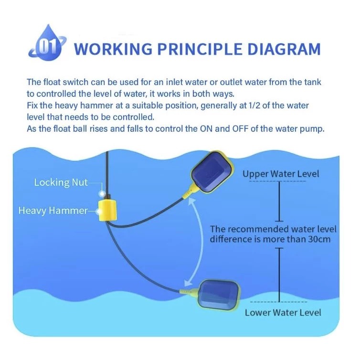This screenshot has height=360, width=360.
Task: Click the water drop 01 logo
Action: (47, 43)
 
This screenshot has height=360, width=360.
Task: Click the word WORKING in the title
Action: (113, 49)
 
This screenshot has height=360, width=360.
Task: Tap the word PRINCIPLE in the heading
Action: (200, 49)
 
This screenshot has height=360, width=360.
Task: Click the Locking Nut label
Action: (61, 182)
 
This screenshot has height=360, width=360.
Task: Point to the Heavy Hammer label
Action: (53, 211)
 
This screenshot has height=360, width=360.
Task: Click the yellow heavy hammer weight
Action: (107, 210)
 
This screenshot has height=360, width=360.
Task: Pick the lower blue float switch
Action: (219, 295)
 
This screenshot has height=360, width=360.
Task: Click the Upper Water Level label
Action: (281, 174)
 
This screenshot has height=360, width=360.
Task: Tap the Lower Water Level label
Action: (283, 312)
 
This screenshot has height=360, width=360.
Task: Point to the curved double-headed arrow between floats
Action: (202, 241)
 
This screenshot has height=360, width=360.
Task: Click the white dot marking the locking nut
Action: (102, 194)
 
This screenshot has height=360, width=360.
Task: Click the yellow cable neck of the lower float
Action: (189, 292)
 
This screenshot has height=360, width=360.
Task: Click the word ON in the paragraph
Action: (206, 129)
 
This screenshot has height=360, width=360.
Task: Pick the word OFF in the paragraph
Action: (240, 129)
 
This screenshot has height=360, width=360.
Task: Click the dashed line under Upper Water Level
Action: (277, 181)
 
